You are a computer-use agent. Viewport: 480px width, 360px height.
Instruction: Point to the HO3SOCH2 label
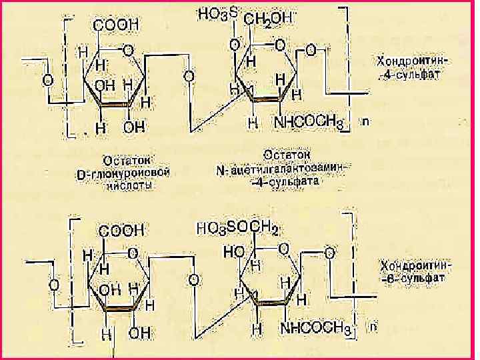pyautogui.click(x=237, y=229)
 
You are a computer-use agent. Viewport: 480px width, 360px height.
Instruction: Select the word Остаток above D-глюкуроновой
pyautogui.click(x=129, y=161)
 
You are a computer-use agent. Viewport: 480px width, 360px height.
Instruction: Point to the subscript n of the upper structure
pyautogui.click(x=365, y=122)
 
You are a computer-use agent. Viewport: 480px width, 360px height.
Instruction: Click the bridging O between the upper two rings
pyautogui.click(x=189, y=76)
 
